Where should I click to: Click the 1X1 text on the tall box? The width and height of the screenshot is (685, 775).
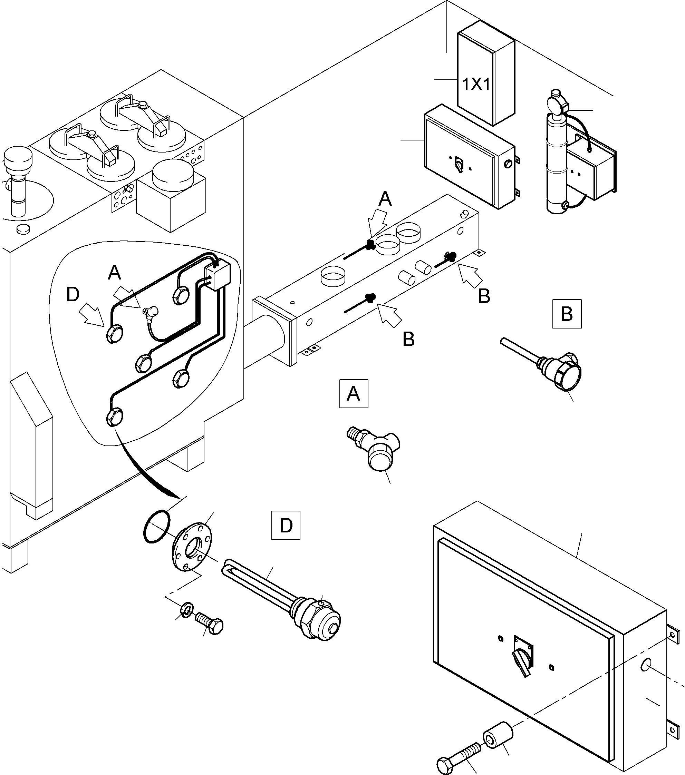[x=476, y=85]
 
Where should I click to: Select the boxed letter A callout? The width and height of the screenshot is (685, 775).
[x=354, y=394]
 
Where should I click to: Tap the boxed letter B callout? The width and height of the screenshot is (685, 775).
[x=567, y=314]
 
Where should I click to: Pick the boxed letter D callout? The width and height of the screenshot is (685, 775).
[x=286, y=526]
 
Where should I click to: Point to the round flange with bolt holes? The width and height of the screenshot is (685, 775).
[x=192, y=546]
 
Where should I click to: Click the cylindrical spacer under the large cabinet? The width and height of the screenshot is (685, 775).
[x=497, y=735]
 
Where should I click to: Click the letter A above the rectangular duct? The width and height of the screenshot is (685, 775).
[x=385, y=199]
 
